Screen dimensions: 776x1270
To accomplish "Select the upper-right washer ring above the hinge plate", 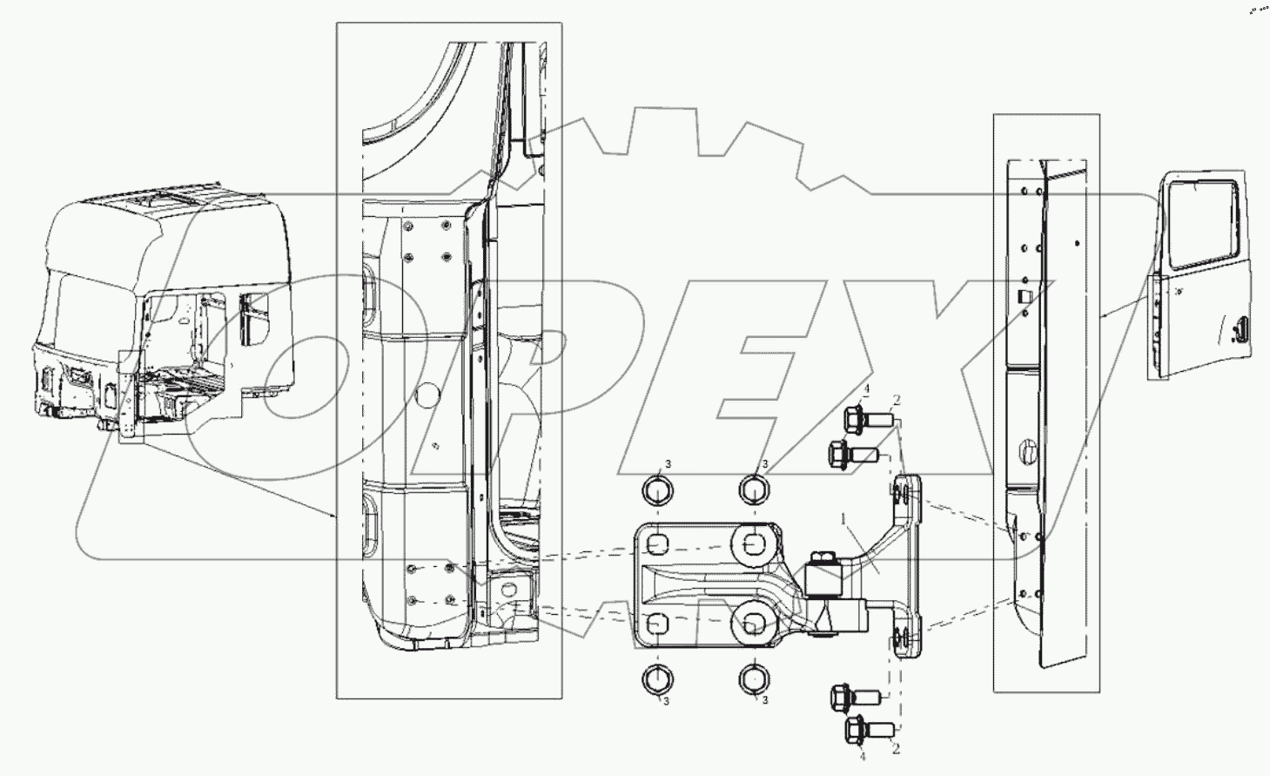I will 755,491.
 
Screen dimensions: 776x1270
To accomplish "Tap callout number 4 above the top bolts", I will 843,388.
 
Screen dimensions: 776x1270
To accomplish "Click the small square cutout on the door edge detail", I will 1025,296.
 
